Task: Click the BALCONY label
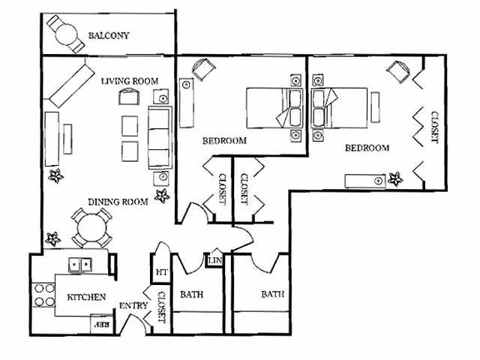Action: tap(109, 35)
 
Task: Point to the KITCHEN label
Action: tap(86, 297)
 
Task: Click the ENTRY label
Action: tap(133, 306)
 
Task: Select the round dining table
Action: tap(91, 226)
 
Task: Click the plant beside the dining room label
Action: tap(162, 196)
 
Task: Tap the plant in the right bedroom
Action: tap(395, 178)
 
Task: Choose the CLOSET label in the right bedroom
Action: tap(434, 127)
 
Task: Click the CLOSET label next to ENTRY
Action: tap(161, 306)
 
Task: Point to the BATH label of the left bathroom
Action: tap(191, 295)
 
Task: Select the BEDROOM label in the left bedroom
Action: tap(224, 140)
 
